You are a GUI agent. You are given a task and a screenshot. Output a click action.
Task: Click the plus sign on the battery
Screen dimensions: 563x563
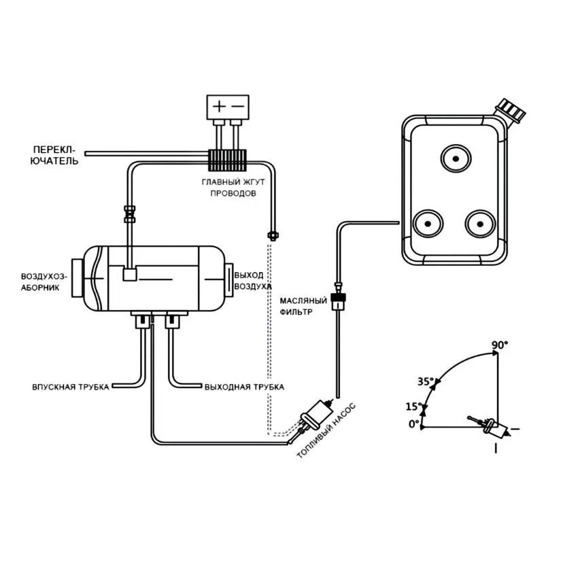tap(219, 106)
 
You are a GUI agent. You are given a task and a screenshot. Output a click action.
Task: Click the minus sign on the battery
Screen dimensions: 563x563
tap(237, 106)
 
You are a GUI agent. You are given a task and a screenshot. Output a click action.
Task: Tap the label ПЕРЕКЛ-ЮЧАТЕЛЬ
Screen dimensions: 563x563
tap(54, 155)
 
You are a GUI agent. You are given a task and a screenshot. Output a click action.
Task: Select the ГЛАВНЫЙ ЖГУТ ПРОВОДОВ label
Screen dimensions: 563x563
tap(233, 188)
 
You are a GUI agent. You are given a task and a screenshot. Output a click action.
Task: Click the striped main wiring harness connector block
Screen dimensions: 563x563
tap(227, 160)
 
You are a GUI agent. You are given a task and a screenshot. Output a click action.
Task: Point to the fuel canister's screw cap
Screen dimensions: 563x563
tap(510, 109)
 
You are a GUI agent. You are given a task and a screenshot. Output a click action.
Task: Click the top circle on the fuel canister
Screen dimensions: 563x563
tap(456, 158)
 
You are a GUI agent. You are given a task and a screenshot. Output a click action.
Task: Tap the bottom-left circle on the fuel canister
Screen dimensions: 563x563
tap(428, 224)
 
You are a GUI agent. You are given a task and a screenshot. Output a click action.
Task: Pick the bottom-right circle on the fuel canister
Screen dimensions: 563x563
tap(480, 224)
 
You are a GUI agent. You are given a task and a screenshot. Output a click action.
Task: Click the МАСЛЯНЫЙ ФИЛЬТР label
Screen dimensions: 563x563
tap(303, 306)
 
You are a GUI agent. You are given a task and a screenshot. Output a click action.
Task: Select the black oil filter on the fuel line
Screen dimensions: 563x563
tap(338, 301)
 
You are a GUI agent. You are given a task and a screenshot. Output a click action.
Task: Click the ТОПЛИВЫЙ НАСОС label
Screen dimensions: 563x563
tap(326, 430)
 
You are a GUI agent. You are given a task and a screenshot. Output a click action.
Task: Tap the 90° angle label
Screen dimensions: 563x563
tap(500, 345)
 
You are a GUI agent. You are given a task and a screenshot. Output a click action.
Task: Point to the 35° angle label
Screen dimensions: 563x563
tap(426, 381)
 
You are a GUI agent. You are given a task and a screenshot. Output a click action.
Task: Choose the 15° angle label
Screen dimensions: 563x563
tap(414, 407)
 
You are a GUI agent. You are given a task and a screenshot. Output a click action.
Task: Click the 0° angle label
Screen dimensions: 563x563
tap(414, 424)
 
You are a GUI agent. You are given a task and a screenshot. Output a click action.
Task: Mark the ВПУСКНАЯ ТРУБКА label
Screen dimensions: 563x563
tap(71, 387)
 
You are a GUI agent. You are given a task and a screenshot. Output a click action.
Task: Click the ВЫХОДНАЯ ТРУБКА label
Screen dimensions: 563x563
tap(244, 387)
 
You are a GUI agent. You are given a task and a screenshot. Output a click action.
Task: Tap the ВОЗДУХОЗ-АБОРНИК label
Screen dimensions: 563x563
tap(44, 282)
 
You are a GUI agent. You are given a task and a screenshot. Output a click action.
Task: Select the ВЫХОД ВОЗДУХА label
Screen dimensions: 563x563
tap(253, 281)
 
